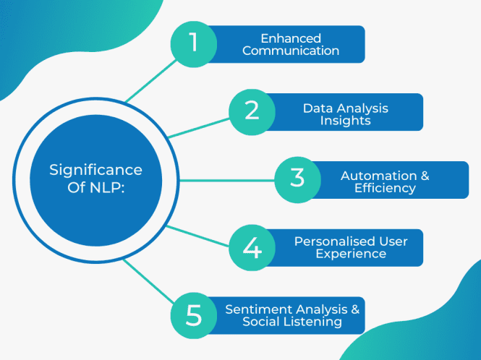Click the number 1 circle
pos(194,43)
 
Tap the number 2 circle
pos(252,111)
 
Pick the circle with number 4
pos(252,247)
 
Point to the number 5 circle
pos(194,315)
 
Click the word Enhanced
pos(291,38)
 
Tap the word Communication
pos(291,51)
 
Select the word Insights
pos(345,120)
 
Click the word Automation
pos(378,176)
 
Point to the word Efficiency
pos(385,188)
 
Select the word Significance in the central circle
pos(95,170)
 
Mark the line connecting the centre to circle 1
pos(150,80)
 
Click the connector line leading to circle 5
pos(148,281)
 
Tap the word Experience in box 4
pos(351,254)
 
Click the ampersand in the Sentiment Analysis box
pos(354,309)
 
